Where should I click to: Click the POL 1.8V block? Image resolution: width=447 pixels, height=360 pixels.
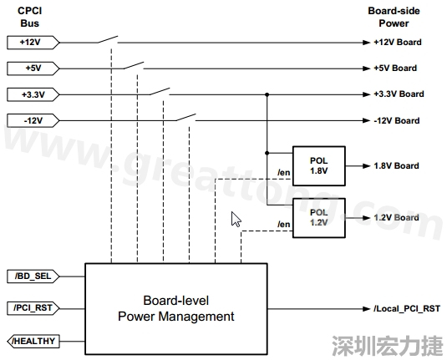pos(318,165)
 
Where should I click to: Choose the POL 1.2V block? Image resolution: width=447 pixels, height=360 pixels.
pos(318,217)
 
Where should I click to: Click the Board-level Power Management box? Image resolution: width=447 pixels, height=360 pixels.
pos(175,308)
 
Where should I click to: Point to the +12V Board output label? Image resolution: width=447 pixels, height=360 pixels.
pos(396,42)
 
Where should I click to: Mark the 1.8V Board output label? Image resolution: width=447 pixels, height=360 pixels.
pos(396,165)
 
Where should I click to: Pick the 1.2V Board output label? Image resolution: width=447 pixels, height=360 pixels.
pos(396,217)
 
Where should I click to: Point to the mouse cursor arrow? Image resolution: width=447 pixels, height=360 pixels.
pos(236,219)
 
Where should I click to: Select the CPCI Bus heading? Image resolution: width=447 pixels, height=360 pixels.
pos(31,16)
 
